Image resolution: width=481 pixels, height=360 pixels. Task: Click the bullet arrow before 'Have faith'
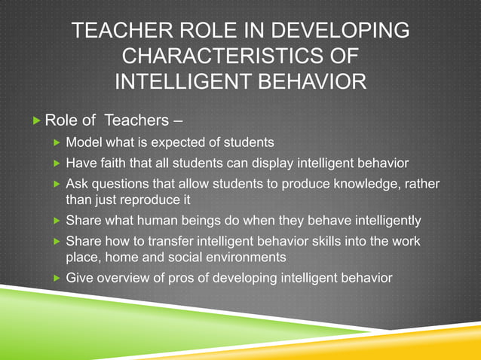pos(56,163)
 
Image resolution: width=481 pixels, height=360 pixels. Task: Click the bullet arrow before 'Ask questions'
pos(56,185)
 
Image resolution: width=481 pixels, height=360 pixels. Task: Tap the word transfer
pos(155,242)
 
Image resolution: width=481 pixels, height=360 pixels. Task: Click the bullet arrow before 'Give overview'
pos(56,278)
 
